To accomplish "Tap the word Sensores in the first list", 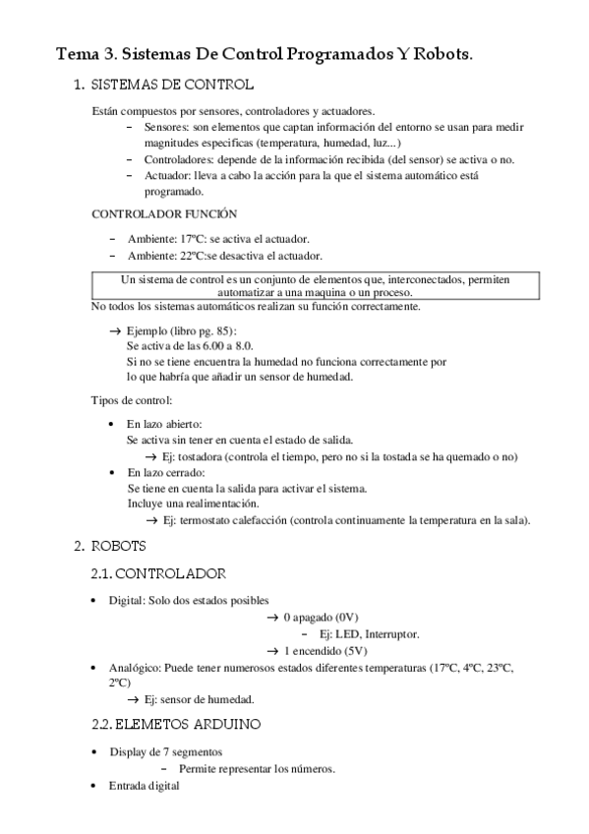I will tap(166, 128).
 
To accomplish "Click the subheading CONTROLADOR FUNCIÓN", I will tap(163, 213).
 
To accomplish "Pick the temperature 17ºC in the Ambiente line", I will tap(194, 239).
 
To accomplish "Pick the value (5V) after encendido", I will tap(353, 651).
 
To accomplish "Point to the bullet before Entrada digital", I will tap(93, 787).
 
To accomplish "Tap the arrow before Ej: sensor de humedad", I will tap(134, 699).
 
